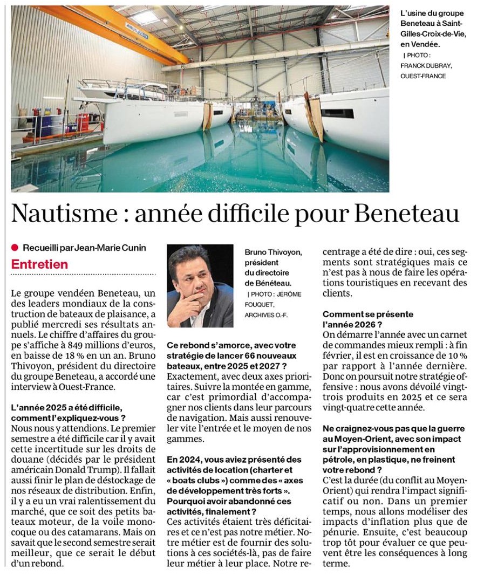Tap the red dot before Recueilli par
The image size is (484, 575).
point(15,248)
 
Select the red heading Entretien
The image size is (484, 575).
point(40,264)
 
